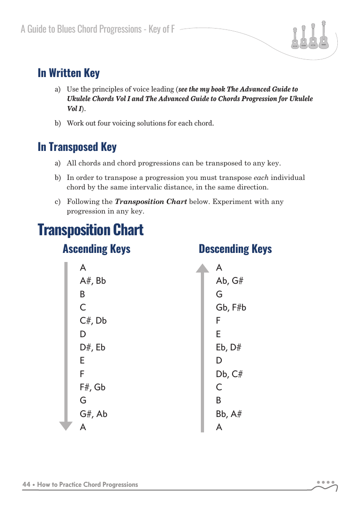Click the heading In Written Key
(x=68, y=73)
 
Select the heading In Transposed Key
(x=77, y=147)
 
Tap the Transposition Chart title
(x=91, y=229)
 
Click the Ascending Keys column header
(x=96, y=249)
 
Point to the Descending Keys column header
(x=235, y=249)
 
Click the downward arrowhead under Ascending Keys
(x=66, y=426)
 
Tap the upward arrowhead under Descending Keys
(x=202, y=268)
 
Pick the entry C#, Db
(x=93, y=320)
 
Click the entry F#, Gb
(x=92, y=387)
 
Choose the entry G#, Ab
(x=93, y=414)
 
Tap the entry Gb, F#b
(x=231, y=307)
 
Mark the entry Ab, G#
(x=230, y=281)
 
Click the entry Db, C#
(x=229, y=374)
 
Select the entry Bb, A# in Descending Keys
(x=229, y=414)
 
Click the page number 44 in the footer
(x=26, y=485)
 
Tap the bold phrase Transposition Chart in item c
(x=151, y=201)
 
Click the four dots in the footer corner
(x=326, y=482)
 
